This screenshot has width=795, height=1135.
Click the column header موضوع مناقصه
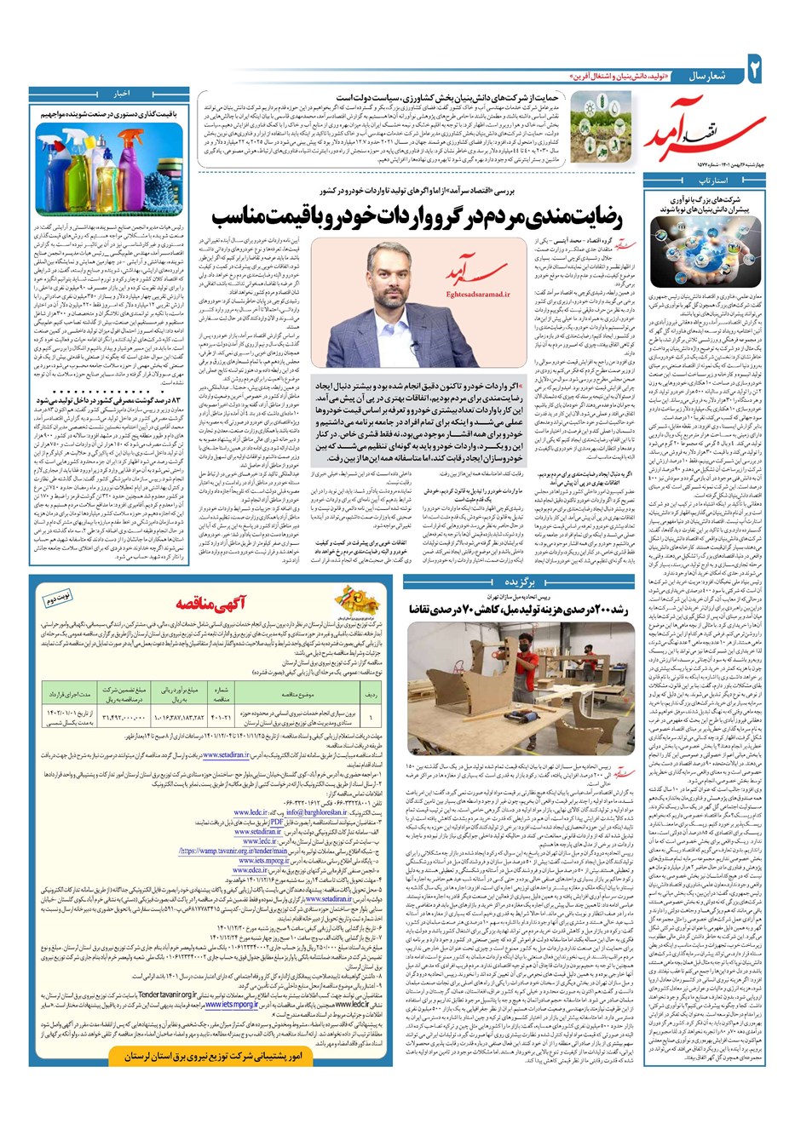click(298, 717)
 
